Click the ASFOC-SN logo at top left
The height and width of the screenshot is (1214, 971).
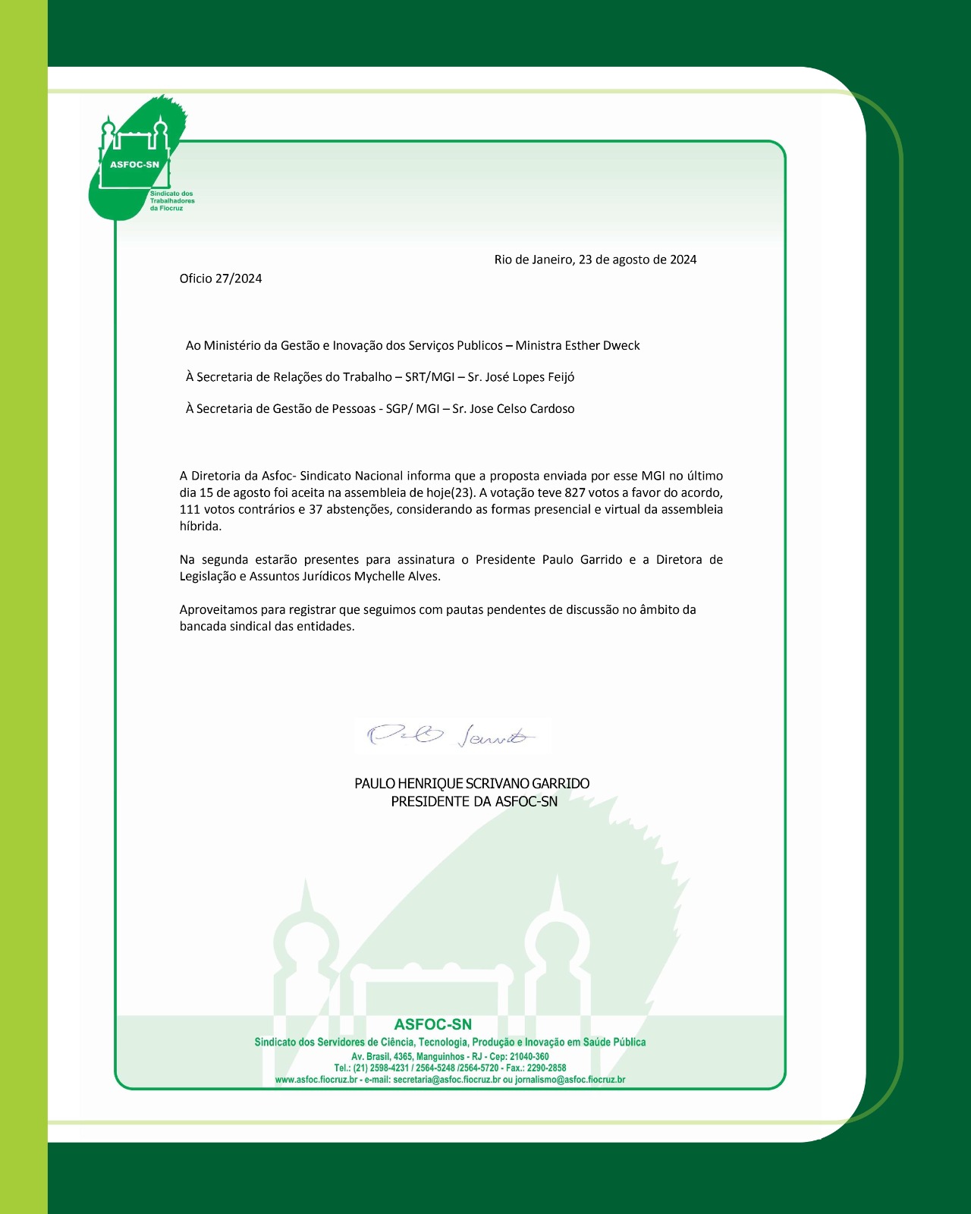(x=137, y=159)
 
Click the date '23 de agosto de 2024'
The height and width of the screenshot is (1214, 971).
(x=637, y=259)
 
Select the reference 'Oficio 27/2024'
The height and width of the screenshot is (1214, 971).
(x=221, y=278)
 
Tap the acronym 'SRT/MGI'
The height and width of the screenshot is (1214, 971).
(x=429, y=377)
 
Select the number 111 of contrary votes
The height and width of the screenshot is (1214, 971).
(x=190, y=509)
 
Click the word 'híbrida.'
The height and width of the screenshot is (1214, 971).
(x=200, y=526)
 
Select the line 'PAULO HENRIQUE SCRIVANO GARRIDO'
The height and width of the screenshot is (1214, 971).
(x=472, y=784)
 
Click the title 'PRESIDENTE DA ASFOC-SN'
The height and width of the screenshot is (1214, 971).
(x=474, y=802)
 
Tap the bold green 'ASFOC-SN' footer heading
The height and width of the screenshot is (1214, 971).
(x=432, y=1025)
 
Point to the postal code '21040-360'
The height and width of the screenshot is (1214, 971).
(x=529, y=1057)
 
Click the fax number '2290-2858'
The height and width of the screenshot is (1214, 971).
(x=546, y=1068)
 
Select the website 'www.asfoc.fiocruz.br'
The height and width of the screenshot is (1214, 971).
(x=316, y=1080)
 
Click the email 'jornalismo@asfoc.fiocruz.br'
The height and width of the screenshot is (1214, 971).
(x=570, y=1080)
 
